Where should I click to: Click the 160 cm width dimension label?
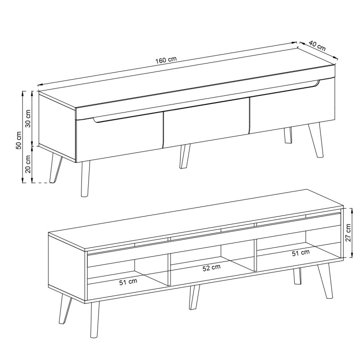166,60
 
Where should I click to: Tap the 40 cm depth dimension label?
317,46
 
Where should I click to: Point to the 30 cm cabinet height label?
28,118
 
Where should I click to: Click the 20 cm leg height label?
28,164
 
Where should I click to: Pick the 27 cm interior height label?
348,232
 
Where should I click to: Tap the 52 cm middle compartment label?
211,268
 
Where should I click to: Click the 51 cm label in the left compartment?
128,282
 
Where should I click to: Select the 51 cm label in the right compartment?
301,253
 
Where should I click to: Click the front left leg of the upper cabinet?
85,179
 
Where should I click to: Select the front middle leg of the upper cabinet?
185,157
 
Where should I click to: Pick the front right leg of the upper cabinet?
316,140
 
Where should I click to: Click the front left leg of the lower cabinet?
94,319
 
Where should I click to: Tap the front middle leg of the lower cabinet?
194,297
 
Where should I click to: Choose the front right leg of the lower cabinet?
325,281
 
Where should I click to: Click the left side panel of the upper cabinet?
57,127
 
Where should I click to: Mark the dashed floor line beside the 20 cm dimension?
41,183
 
